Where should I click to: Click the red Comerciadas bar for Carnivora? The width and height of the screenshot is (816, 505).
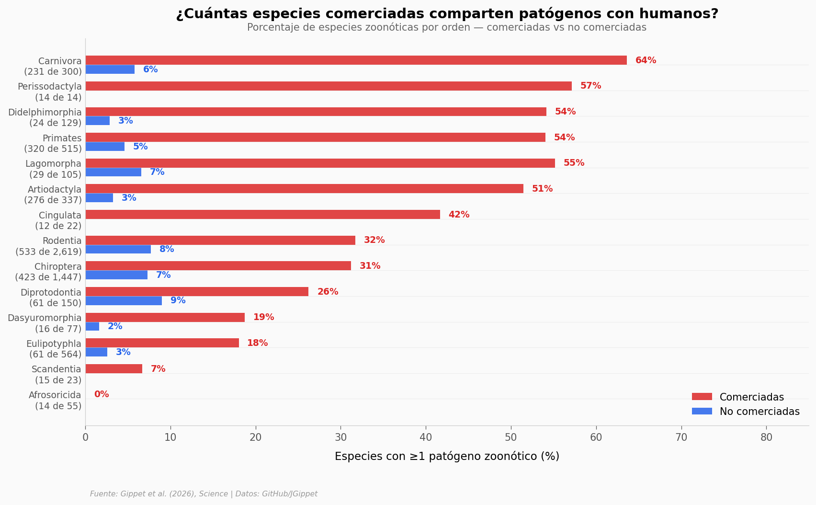(x=356, y=60)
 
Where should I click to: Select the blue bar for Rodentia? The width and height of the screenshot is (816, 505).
(x=118, y=249)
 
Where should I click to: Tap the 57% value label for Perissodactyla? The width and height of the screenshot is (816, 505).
(x=590, y=86)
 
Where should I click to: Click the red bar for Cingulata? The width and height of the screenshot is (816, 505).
(x=262, y=215)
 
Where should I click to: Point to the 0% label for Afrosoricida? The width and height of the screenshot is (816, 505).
(x=102, y=394)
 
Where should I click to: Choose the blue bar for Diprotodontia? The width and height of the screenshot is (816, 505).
(x=124, y=301)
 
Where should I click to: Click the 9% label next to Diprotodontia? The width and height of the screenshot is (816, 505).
(x=178, y=300)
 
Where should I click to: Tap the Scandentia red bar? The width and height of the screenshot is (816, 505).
(x=114, y=369)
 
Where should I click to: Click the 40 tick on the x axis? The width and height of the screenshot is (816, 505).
(x=426, y=437)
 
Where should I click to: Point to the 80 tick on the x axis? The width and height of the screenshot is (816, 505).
(x=766, y=437)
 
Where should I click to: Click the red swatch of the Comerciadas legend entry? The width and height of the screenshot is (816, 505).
(x=702, y=397)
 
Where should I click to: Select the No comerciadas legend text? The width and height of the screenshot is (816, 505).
(x=759, y=412)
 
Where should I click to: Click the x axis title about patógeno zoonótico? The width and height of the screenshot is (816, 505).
(x=447, y=457)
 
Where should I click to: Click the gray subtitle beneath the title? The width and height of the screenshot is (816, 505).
(x=446, y=28)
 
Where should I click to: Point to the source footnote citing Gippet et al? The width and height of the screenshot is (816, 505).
(x=204, y=494)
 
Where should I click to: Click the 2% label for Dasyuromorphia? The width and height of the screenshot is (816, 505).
(x=115, y=326)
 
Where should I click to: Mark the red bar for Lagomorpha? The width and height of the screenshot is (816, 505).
(x=320, y=163)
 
